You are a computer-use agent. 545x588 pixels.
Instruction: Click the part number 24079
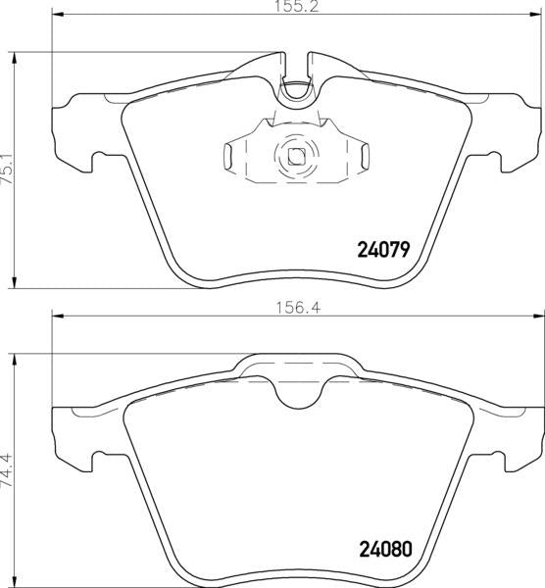(383, 249)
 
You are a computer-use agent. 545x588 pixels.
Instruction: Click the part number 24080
(385, 550)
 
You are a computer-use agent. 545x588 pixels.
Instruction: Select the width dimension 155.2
(297, 7)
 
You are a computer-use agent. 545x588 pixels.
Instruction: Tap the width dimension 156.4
(298, 308)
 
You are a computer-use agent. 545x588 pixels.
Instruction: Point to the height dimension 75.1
(7, 171)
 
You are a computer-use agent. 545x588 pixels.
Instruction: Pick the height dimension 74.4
(7, 470)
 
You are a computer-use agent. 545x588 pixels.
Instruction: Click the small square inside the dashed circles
(296, 156)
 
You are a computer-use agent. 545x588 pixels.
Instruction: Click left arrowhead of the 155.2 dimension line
(58, 15)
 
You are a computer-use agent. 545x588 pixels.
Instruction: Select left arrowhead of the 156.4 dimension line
(58, 316)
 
